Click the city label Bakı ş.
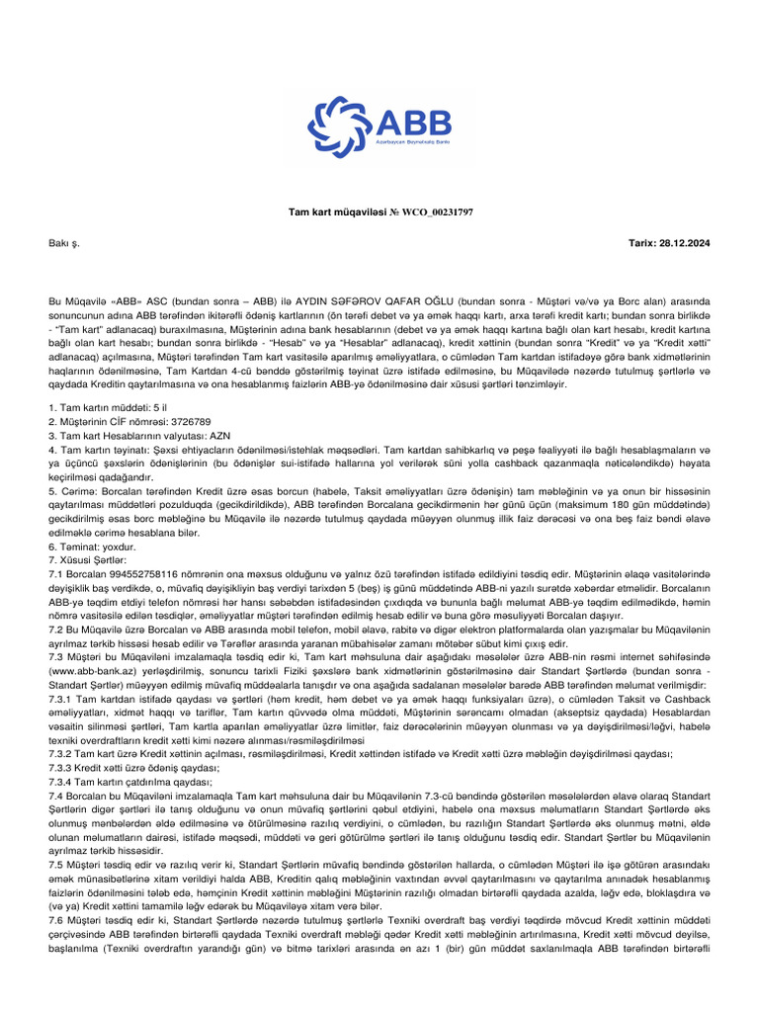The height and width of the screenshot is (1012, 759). click(63, 242)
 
